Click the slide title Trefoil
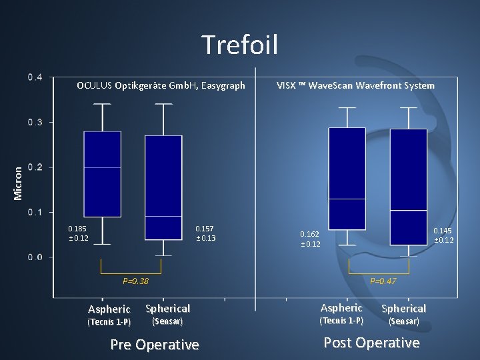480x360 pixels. [240, 45]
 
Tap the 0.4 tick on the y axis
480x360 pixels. [35, 77]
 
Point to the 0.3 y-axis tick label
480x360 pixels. [35, 122]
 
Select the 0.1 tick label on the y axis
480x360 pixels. [35, 212]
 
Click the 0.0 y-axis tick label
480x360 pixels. [35, 257]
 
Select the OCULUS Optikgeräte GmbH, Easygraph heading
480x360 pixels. [161, 85]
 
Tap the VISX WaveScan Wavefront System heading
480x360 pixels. [355, 85]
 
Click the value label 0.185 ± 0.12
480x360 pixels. [78, 233]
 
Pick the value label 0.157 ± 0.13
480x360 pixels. [205, 233]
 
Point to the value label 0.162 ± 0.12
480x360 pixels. [310, 239]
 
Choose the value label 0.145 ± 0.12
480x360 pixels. [443, 235]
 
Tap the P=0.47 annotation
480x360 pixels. [383, 281]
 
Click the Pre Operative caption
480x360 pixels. [154, 345]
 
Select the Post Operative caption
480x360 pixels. [371, 343]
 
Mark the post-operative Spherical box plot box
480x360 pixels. [408, 187]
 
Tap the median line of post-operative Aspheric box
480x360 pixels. [347, 199]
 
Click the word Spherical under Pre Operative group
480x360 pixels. [167, 309]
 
